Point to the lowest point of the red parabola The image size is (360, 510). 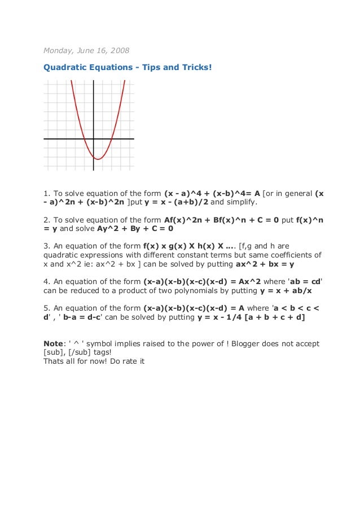pos(98,159)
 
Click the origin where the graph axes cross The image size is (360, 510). pos(94,138)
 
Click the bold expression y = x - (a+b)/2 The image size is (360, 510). pos(176,202)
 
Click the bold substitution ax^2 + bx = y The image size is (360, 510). pos(265,264)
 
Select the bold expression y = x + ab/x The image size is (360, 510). pos(286,290)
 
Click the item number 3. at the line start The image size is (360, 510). pos(47,246)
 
